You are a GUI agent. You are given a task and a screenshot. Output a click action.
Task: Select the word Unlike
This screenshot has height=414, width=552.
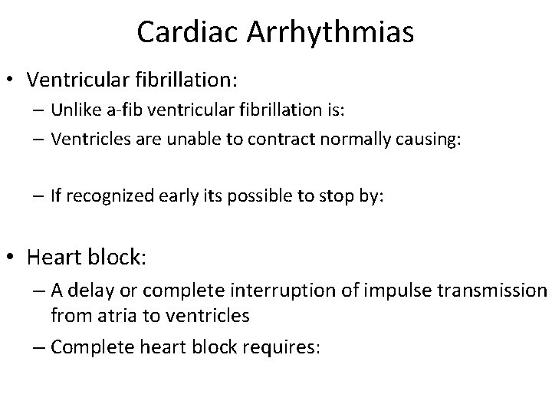(x=73, y=109)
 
